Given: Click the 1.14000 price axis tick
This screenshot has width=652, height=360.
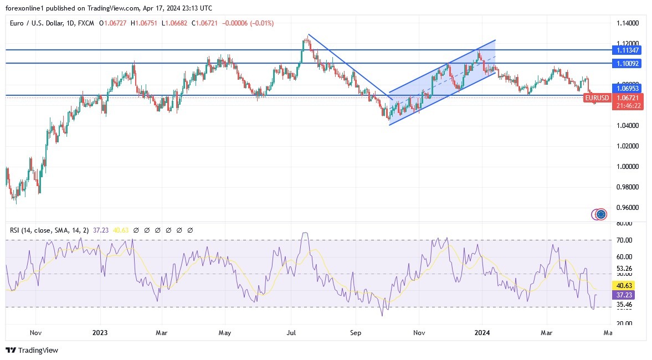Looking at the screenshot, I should pos(628,23).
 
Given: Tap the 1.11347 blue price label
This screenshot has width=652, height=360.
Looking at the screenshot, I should pos(628,50).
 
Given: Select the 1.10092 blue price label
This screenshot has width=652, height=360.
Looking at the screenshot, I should pos(628,64).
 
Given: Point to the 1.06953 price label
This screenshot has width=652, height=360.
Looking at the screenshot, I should pos(628,88).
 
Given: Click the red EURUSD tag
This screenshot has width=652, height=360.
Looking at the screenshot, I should pos(597,98).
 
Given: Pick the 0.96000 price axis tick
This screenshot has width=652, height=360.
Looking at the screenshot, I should pos(628,208).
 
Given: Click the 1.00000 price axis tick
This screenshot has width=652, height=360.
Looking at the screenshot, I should pos(628,167).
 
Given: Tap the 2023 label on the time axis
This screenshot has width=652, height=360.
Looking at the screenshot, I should pos(100,333).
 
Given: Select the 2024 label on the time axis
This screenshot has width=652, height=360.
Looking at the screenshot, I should pos(482,333).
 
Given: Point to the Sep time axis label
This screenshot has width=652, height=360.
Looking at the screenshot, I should pos(356,333).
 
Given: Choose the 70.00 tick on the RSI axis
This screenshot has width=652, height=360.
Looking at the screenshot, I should pos(625,240).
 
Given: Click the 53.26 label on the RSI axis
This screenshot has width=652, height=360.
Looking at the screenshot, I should pos(625,269).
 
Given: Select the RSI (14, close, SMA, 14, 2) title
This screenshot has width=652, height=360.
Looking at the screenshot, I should pos(50,230).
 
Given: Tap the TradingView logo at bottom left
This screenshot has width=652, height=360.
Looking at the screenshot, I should pos(32,350).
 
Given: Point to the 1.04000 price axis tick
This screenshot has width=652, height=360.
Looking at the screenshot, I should pos(628,126).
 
